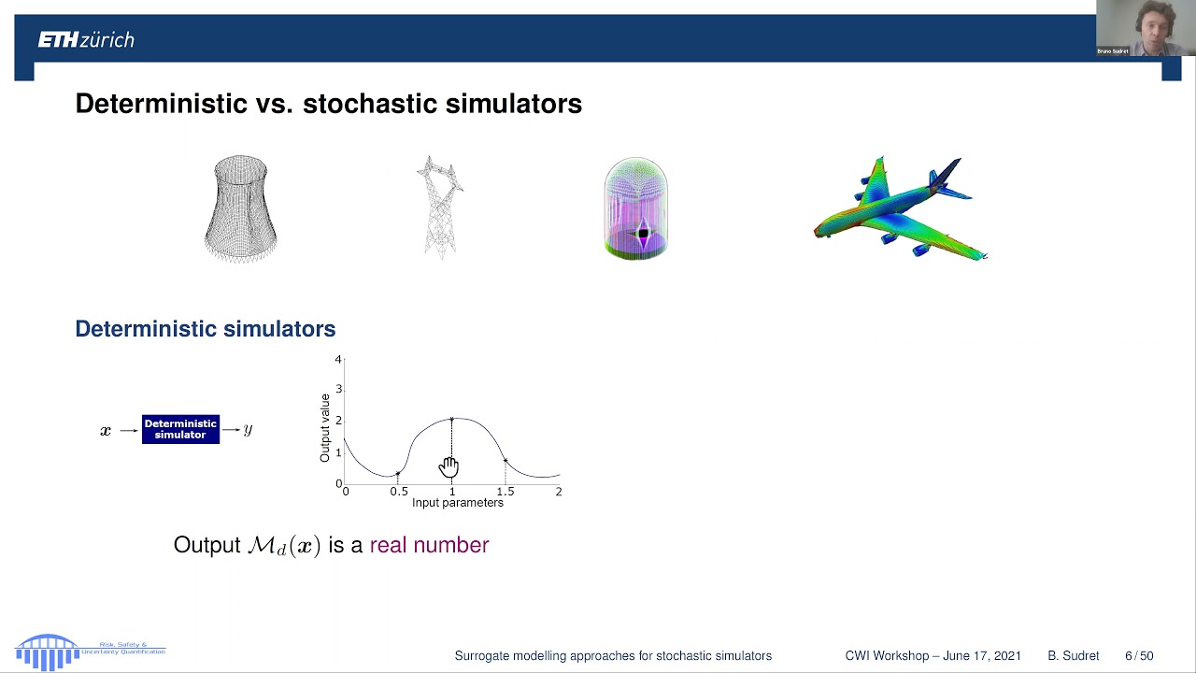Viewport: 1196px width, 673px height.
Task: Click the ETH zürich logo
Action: click(x=86, y=39)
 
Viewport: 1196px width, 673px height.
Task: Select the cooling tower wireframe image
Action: click(x=240, y=208)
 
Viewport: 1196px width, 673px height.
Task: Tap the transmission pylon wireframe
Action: click(x=439, y=207)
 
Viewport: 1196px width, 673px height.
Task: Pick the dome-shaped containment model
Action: click(x=635, y=208)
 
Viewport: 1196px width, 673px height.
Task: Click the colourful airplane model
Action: click(x=899, y=210)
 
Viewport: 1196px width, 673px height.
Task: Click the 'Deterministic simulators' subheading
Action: click(x=205, y=329)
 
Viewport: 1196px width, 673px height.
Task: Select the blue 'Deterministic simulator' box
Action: click(x=180, y=429)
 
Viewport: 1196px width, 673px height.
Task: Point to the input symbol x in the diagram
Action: click(x=106, y=431)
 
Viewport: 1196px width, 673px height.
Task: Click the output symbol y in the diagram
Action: click(x=248, y=430)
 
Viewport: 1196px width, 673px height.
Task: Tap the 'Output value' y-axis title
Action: click(x=325, y=428)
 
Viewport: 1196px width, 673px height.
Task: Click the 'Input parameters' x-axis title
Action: click(x=457, y=503)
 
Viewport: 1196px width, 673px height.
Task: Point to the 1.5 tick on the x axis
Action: click(x=505, y=492)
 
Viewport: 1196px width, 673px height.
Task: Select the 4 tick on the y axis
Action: click(x=338, y=360)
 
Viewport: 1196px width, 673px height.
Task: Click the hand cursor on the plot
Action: click(x=449, y=465)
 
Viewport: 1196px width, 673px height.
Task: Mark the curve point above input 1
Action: click(x=452, y=420)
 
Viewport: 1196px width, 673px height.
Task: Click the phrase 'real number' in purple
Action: click(x=429, y=545)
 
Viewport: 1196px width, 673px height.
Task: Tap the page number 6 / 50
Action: click(x=1139, y=656)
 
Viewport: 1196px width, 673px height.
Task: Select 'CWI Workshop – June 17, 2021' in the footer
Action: click(x=933, y=656)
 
